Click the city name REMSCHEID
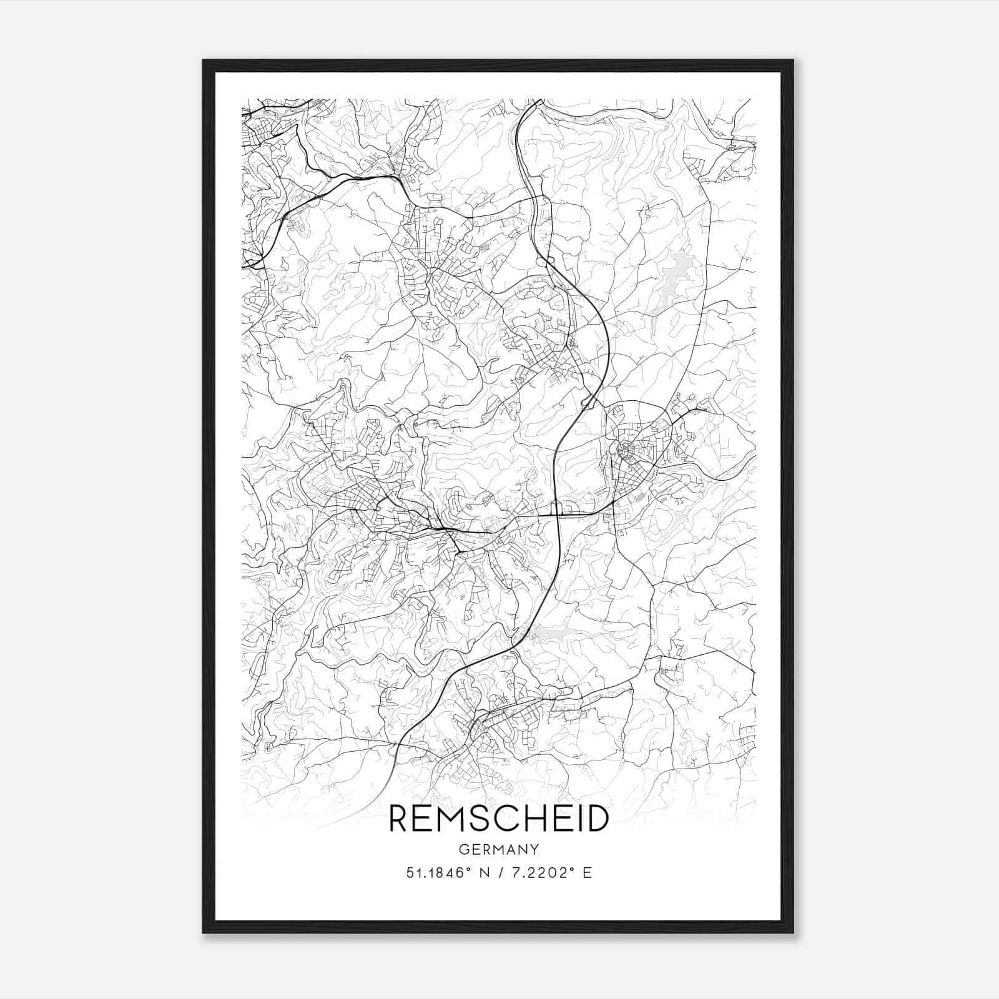click(499, 819)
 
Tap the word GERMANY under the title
click(499, 849)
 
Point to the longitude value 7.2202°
click(543, 873)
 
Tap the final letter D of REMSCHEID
click(598, 819)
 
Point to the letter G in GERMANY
click(463, 849)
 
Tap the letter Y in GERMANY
click(535, 849)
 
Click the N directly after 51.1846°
click(483, 873)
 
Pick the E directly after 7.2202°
click(587, 873)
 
